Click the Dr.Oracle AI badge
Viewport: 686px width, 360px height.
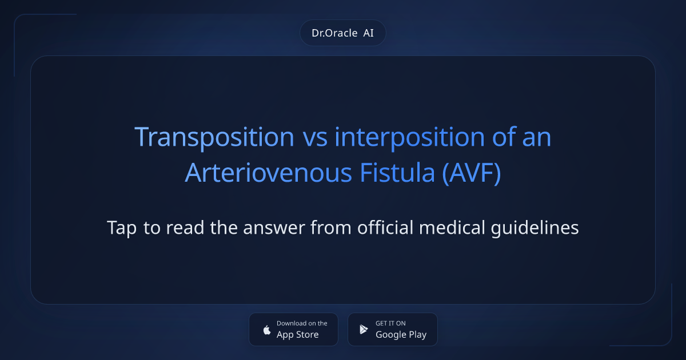342,33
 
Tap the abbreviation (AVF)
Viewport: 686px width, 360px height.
472,173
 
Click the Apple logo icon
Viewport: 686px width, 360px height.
266,330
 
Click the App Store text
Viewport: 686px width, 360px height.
297,335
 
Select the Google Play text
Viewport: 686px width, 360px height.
401,335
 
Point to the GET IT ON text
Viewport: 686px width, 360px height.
390,323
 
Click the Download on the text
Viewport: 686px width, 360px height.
302,323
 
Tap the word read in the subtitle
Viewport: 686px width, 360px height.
184,228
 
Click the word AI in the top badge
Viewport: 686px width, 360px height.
368,33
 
